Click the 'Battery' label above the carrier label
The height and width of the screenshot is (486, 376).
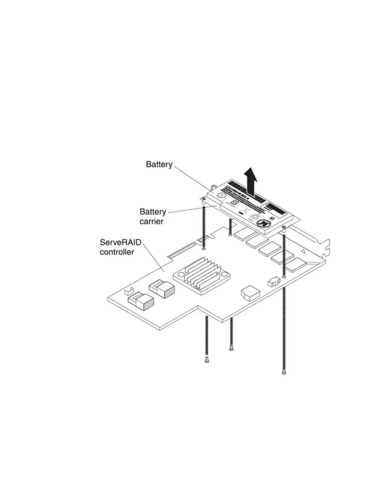pyautogui.click(x=159, y=164)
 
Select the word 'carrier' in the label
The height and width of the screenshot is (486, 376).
pyautogui.click(x=151, y=222)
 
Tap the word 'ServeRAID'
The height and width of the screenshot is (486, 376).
pyautogui.click(x=120, y=242)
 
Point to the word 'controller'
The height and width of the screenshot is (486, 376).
pyautogui.click(x=117, y=252)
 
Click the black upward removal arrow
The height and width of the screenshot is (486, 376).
pyautogui.click(x=251, y=181)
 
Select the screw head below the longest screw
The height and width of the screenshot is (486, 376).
pyautogui.click(x=284, y=372)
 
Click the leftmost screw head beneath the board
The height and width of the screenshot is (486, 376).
pyautogui.click(x=206, y=361)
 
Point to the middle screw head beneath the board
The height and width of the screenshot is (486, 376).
pyautogui.click(x=231, y=349)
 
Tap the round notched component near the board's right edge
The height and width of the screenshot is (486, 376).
pyautogui.click(x=274, y=281)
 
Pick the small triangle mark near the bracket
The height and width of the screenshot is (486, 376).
pyautogui.click(x=303, y=251)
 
